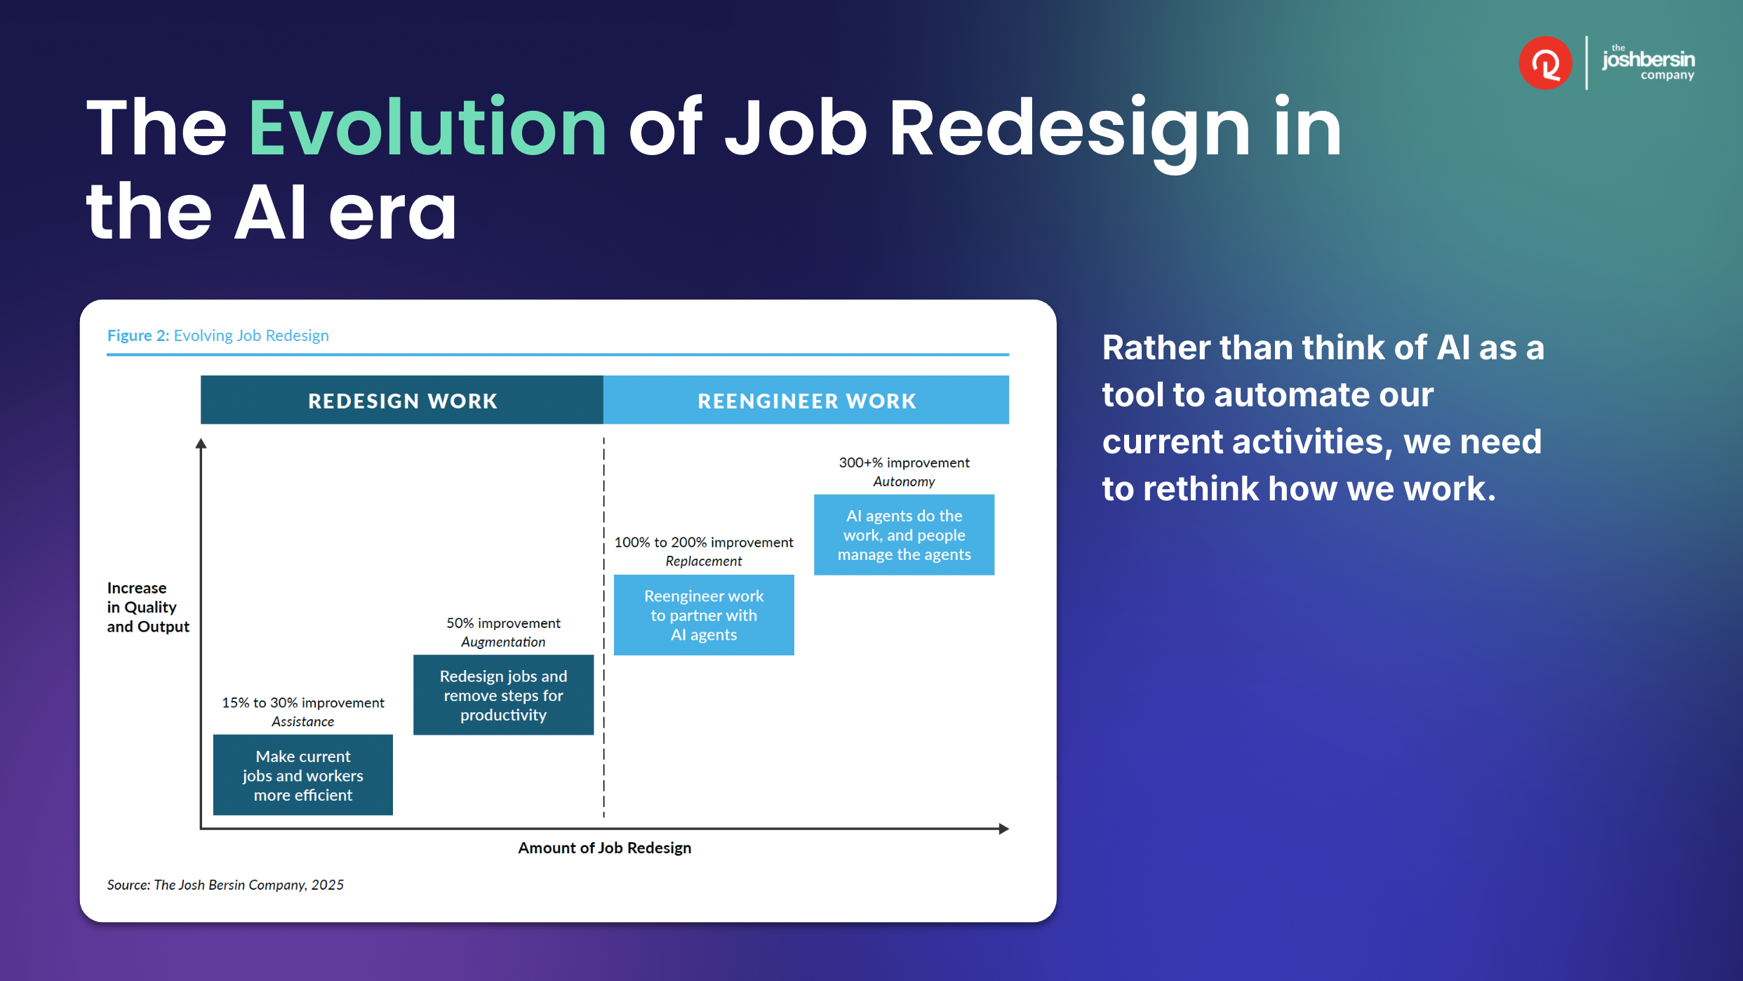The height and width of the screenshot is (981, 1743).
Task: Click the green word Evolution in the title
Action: (x=427, y=127)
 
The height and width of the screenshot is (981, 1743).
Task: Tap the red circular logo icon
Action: (x=1545, y=63)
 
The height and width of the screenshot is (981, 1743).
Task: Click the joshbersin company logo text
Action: (x=1648, y=63)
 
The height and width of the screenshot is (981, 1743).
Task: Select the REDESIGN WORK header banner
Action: (x=402, y=400)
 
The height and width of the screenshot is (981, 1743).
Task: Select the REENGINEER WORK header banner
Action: (x=806, y=400)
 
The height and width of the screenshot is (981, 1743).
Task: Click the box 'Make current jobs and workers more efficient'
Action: (x=303, y=775)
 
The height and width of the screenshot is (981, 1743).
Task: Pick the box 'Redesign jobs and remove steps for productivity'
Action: (x=503, y=695)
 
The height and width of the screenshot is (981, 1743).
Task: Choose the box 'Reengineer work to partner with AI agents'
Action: (x=704, y=615)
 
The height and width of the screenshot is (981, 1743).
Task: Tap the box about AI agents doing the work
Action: (x=904, y=535)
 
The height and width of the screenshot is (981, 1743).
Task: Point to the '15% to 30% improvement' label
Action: (x=303, y=702)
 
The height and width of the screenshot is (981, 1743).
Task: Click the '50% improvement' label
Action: (x=503, y=623)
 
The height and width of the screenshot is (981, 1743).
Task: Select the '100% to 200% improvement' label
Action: (x=704, y=542)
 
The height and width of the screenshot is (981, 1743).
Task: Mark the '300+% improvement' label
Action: (x=904, y=462)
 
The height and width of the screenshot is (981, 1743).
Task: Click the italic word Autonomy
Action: (x=904, y=481)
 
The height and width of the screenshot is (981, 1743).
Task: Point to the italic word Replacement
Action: (x=704, y=561)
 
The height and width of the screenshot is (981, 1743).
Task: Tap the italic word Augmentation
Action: (x=503, y=642)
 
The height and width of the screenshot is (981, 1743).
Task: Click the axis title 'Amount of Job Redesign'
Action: (x=604, y=848)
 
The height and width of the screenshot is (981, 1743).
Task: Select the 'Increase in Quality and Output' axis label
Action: (x=148, y=607)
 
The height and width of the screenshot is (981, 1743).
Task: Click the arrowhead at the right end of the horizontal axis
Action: (x=1004, y=829)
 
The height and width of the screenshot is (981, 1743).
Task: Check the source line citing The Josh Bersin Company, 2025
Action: (x=225, y=885)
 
